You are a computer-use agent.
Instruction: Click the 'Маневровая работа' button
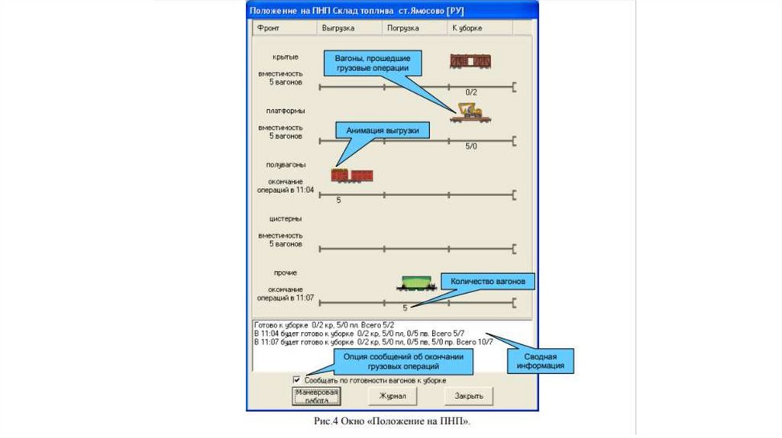tap(316, 395)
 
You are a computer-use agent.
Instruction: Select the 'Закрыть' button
tap(468, 396)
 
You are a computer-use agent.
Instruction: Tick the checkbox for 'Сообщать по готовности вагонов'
tap(297, 379)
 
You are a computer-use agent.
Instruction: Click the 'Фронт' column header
tap(269, 28)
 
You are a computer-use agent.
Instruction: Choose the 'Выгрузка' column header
tap(338, 28)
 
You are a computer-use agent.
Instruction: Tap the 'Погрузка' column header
tap(403, 28)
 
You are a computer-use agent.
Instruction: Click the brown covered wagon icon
tap(470, 62)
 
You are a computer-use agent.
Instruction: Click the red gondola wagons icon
tap(352, 176)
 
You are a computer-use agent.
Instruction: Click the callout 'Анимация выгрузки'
tap(383, 130)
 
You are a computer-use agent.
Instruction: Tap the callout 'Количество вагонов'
tap(488, 282)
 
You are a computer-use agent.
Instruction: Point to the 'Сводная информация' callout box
tap(539, 361)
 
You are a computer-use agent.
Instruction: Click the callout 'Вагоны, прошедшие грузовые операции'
tap(373, 63)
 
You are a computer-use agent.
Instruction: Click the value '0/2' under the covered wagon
tap(470, 92)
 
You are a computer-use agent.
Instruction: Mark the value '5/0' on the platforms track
tap(470, 145)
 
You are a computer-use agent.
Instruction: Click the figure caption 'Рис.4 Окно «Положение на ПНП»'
tap(390, 421)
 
